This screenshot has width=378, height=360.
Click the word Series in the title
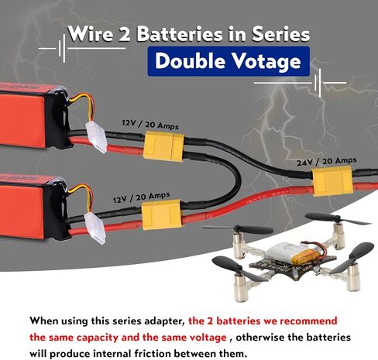[280, 34]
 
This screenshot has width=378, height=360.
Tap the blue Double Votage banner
[229, 61]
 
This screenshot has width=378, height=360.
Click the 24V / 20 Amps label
[326, 161]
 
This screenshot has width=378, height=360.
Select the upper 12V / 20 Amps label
[150, 125]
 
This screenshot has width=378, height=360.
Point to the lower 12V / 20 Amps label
[141, 197]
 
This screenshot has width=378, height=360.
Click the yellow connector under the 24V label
[332, 180]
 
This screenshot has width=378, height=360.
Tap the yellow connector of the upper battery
[163, 146]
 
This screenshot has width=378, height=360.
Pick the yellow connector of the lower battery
[163, 214]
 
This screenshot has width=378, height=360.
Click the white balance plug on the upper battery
[96, 137]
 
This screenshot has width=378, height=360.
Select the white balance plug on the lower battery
[94, 228]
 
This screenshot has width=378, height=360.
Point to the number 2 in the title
[125, 35]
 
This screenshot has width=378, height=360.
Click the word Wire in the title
[91, 33]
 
